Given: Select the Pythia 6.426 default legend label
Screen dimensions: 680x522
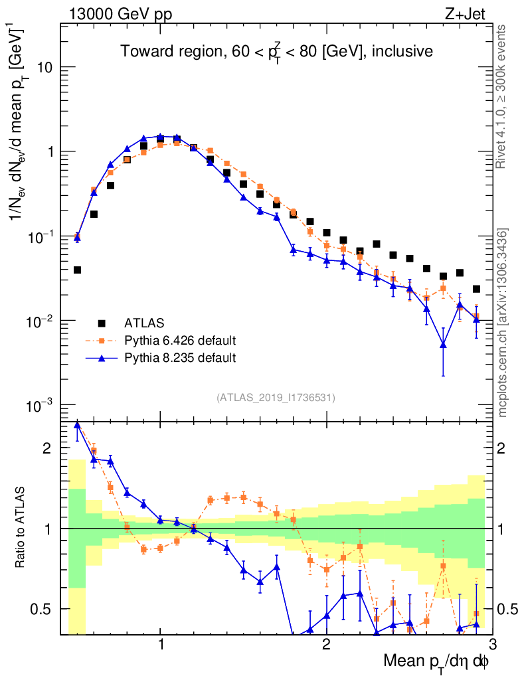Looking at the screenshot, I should pos(180,341).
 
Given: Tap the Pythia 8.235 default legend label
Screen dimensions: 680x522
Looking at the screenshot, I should pos(180,358).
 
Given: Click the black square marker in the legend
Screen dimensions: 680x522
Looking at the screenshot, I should pos(102,323).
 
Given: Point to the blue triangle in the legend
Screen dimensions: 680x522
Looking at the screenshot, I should pos(102,358).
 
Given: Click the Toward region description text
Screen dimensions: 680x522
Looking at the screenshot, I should pos(276,51).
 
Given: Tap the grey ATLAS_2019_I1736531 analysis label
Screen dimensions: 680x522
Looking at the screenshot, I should pos(276,398).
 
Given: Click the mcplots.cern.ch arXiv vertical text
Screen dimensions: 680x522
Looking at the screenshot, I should pos(503,323).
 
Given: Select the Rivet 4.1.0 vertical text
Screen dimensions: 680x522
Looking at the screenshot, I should pos(503,96).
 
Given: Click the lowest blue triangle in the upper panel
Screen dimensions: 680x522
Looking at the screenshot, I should pos(443,345).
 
